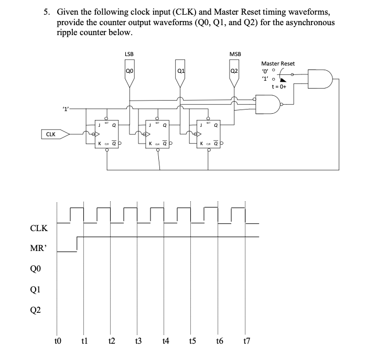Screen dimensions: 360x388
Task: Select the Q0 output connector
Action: tap(130, 75)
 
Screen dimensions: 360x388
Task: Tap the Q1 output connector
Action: tap(180, 75)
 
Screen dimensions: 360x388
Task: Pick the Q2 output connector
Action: tap(234, 75)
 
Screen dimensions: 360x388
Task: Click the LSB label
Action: tap(129, 54)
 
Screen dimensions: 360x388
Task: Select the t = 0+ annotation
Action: tap(276, 87)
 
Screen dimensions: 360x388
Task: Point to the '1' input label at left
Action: tap(66, 108)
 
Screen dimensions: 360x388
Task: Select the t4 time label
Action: tap(165, 341)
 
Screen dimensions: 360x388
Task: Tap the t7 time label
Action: tap(246, 341)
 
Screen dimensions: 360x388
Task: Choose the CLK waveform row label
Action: tap(39, 228)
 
